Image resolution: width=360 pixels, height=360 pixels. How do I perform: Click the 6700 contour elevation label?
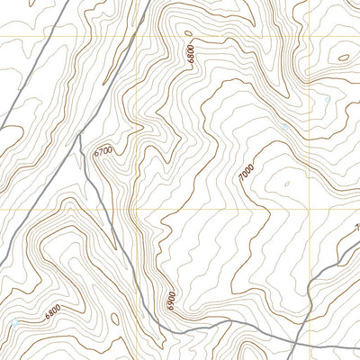(x=104, y=152)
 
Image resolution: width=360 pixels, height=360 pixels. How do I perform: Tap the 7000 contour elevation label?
(x=247, y=174)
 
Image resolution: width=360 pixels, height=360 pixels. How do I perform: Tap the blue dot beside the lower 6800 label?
(x=15, y=321)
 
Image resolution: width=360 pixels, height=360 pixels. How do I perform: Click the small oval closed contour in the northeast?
(x=343, y=59)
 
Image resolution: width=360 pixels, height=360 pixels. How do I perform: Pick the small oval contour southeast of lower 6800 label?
(x=114, y=317)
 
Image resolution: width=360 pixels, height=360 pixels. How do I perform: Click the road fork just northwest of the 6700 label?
(x=80, y=137)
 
